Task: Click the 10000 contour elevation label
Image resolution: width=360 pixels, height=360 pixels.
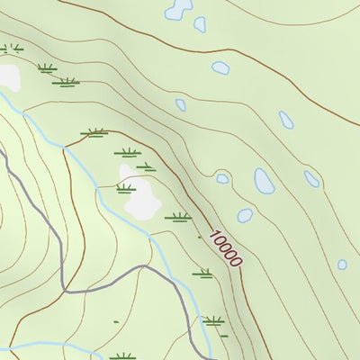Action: pyautogui.click(x=225, y=248)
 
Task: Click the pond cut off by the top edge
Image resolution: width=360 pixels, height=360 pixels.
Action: pyautogui.click(x=177, y=9)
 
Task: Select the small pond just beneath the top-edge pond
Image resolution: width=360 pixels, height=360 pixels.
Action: pyautogui.click(x=200, y=25)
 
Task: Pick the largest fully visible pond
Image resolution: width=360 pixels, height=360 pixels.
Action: pyautogui.click(x=265, y=181)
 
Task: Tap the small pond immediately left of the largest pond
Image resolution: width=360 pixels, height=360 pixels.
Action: pyautogui.click(x=222, y=178)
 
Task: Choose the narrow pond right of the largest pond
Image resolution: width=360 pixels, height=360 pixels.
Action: pyautogui.click(x=311, y=179)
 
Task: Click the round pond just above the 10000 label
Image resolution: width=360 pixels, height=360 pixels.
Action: pyautogui.click(x=245, y=215)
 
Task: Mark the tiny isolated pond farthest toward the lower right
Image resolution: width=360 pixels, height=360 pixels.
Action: pyautogui.click(x=342, y=265)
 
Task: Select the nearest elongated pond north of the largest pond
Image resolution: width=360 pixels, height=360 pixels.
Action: pyautogui.click(x=286, y=120)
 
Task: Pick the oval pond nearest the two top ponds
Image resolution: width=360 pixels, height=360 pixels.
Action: pyautogui.click(x=220, y=67)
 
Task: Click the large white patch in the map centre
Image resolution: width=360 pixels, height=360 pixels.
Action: pyautogui.click(x=139, y=193)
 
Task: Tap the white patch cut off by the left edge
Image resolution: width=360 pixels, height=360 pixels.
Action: pyautogui.click(x=8, y=77)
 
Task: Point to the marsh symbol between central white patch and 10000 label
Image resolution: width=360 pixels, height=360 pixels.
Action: pyautogui.click(x=178, y=216)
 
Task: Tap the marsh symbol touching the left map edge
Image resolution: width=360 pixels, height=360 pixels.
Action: pyautogui.click(x=9, y=48)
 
